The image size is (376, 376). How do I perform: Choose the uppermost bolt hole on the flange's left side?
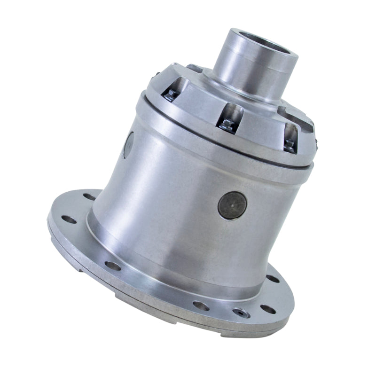coord(89,196)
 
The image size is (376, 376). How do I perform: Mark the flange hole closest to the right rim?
coord(272,278)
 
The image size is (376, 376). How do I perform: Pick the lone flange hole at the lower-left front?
coord(112,266)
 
